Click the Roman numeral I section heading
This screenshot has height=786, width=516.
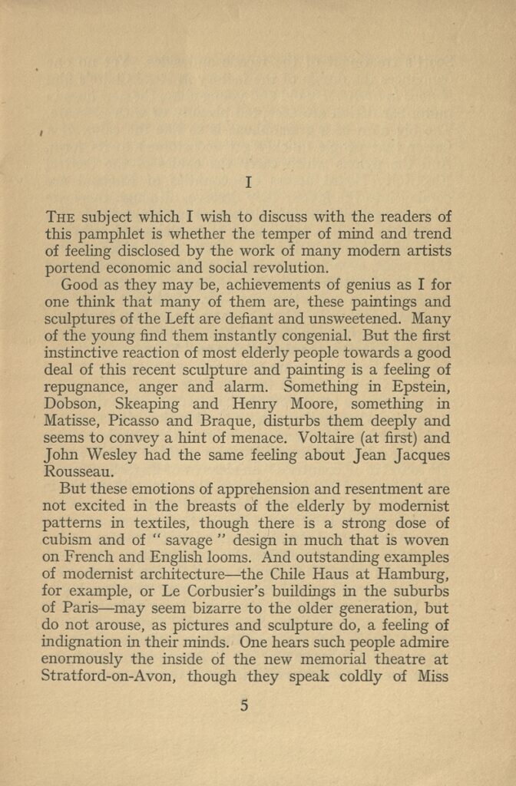[248, 183]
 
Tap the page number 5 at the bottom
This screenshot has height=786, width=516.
[244, 706]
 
